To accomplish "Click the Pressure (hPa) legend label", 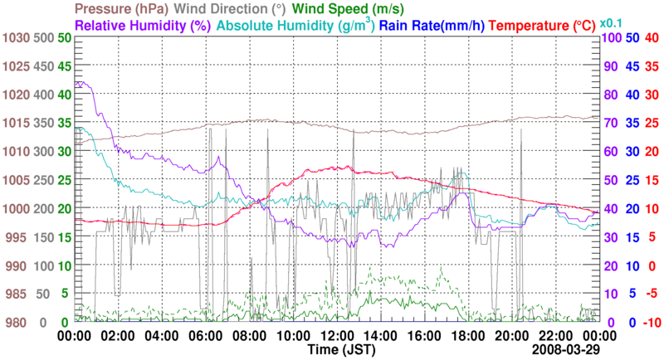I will point(128,9).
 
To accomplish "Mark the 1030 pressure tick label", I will point(16,37).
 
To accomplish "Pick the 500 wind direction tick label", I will point(42,37).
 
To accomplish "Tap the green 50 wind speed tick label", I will point(65,37).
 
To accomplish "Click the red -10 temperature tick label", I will point(652,322).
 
